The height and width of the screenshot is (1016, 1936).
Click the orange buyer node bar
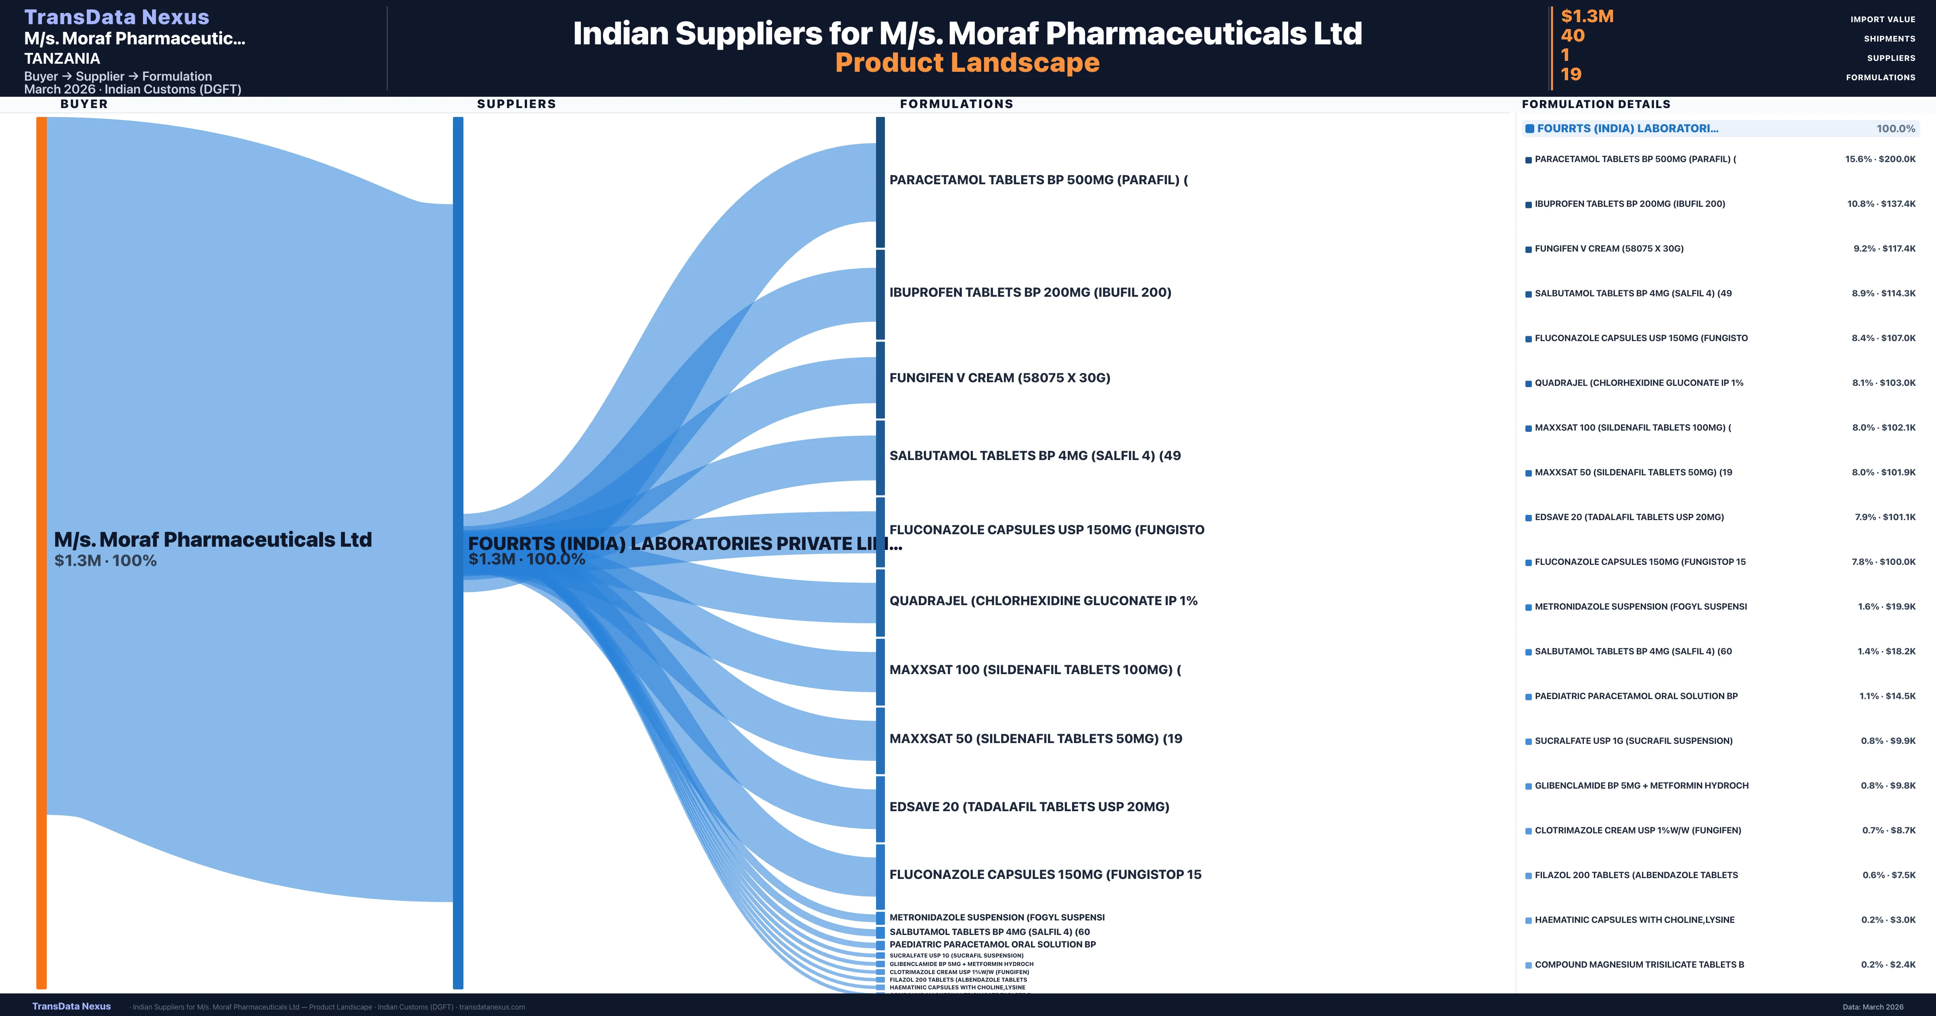click(41, 552)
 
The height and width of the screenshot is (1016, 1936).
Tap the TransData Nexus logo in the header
click(117, 17)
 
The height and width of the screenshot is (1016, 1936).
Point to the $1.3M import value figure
click(1587, 16)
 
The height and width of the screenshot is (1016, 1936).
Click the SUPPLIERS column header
click(516, 104)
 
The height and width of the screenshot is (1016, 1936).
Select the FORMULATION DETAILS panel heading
click(1596, 104)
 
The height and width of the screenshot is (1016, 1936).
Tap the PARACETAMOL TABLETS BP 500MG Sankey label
click(1038, 179)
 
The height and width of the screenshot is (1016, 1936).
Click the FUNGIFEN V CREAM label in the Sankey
click(999, 378)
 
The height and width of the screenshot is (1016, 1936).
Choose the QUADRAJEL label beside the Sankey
click(1043, 600)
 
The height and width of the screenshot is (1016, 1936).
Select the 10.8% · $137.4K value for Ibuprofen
click(1881, 204)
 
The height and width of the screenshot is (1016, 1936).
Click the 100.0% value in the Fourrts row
click(1895, 129)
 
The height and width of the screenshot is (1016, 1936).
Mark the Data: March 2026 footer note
click(1872, 1007)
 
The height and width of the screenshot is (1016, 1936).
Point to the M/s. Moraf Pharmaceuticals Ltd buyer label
click(213, 539)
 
